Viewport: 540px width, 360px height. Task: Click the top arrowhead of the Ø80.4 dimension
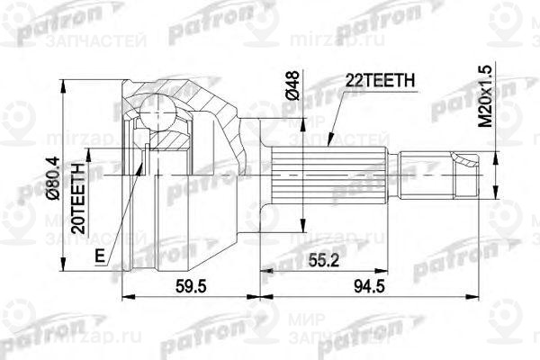coord(64,82)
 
